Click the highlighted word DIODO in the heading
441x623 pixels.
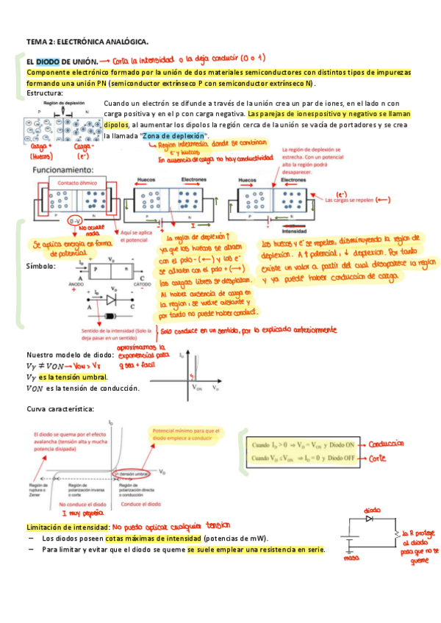pos(48,62)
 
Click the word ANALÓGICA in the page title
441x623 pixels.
pos(126,42)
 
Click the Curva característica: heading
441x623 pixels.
pos(60,408)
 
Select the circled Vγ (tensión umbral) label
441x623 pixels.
pos(137,475)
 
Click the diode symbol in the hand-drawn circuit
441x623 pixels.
pos(370,519)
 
